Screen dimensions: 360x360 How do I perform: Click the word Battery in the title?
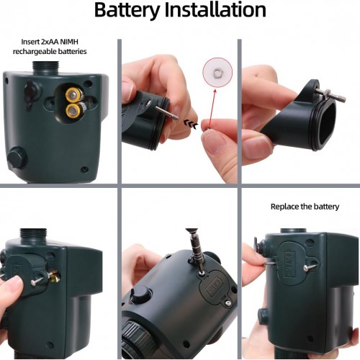(x=127, y=11)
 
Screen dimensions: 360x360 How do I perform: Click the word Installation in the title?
(x=215, y=9)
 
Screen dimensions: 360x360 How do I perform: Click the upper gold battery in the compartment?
(x=73, y=94)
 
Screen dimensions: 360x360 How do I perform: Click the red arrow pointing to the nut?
(x=212, y=107)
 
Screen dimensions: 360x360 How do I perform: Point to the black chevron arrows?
(x=191, y=123)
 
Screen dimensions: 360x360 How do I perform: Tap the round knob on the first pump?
(x=17, y=157)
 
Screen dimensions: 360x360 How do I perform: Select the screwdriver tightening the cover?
(x=195, y=250)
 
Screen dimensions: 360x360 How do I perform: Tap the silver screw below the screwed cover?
(x=228, y=304)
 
